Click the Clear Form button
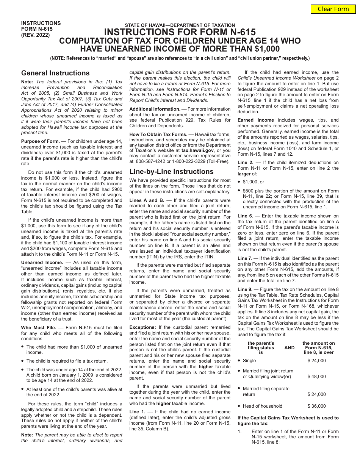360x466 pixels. coord(333,9)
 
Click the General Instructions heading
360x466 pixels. coord(55,73)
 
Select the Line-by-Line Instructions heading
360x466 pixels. coord(171,172)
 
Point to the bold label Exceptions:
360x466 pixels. coord(143,327)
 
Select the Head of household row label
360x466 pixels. coord(262,406)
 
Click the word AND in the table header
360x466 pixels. coord(289,348)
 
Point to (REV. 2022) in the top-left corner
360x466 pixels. coord(35,34)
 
